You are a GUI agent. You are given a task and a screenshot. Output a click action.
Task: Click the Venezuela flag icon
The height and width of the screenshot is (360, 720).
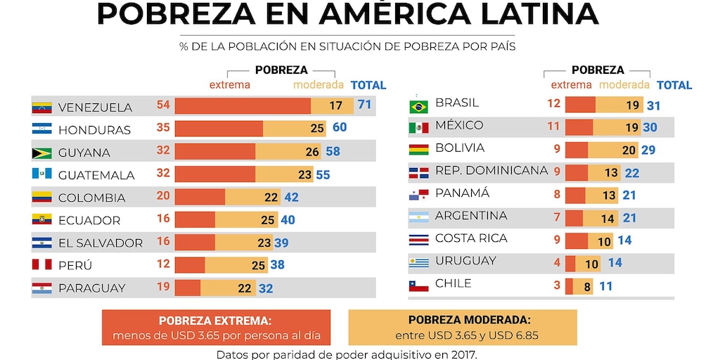click(42, 108)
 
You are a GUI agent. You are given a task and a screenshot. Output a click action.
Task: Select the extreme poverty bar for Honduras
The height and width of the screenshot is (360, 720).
click(219, 129)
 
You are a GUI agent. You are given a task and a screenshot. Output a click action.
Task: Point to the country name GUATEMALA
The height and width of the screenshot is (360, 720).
click(94, 175)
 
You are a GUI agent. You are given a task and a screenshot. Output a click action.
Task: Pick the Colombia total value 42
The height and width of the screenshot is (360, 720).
click(291, 198)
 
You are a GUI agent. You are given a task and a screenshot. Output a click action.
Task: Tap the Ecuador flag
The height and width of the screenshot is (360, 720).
click(42, 220)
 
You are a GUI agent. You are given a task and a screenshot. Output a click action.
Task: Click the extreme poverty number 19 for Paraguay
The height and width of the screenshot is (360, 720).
click(163, 286)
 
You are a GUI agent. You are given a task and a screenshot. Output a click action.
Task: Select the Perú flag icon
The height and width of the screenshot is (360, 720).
click(42, 265)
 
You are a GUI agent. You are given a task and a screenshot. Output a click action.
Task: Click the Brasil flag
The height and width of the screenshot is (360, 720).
click(419, 107)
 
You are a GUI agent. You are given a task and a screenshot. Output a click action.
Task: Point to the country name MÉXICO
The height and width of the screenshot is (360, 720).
click(459, 125)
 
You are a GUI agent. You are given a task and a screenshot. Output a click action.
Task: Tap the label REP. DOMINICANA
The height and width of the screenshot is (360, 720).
click(491, 170)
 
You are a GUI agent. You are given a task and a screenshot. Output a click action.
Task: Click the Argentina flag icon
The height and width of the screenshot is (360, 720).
click(419, 217)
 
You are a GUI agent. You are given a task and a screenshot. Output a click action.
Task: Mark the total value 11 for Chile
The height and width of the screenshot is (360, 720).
click(606, 287)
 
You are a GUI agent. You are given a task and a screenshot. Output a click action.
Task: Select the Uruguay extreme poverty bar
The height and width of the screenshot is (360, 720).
click(570, 264)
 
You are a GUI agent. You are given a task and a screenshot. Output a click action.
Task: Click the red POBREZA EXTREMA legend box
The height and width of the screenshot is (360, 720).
click(216, 327)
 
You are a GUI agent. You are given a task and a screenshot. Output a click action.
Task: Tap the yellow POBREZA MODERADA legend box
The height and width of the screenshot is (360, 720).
click(463, 327)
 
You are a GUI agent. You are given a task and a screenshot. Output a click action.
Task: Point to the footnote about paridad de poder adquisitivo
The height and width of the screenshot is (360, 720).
click(347, 354)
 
